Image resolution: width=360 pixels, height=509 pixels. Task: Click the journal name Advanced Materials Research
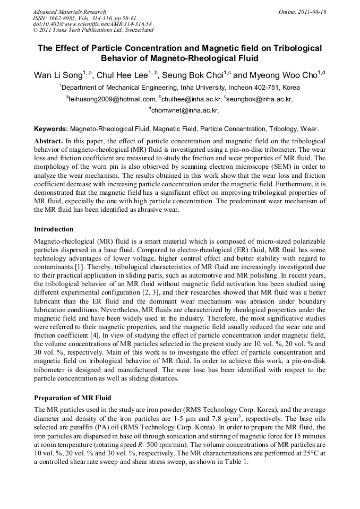[69, 12]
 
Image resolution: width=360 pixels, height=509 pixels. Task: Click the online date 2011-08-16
[311, 12]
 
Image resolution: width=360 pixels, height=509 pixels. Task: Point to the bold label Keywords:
[51, 129]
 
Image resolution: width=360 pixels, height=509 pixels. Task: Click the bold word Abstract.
[48, 141]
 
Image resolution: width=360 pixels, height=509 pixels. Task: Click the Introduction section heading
[54, 229]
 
